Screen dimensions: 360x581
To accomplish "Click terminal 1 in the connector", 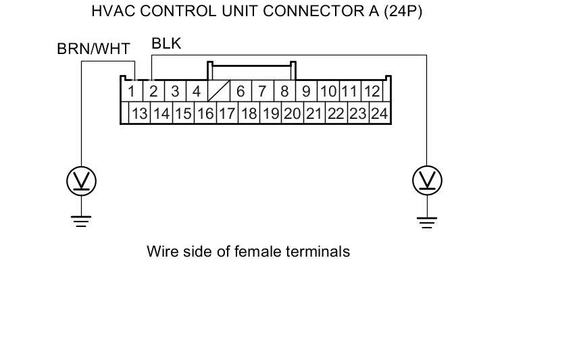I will pyautogui.click(x=132, y=91).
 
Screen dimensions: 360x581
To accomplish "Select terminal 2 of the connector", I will pyautogui.click(x=153, y=91).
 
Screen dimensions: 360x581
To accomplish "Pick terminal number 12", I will pyautogui.click(x=371, y=91).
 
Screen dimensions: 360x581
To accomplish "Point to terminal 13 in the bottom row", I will pyautogui.click(x=139, y=113).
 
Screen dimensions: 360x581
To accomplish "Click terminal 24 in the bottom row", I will pyautogui.click(x=379, y=113).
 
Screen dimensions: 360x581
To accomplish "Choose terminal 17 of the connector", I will pyautogui.click(x=226, y=113).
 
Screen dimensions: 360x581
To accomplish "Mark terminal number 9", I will pyautogui.click(x=306, y=91).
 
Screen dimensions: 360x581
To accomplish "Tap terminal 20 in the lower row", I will pyautogui.click(x=292, y=113).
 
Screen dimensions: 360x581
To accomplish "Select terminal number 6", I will pyautogui.click(x=241, y=91).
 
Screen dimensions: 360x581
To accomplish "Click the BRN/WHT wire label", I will pyautogui.click(x=94, y=49).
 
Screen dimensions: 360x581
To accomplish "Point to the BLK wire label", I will pyautogui.click(x=166, y=45).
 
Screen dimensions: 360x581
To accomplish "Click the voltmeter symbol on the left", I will pyautogui.click(x=81, y=180).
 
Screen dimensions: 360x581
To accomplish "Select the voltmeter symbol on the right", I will pyautogui.click(x=427, y=180).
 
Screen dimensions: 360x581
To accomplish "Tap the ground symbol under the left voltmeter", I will pyautogui.click(x=81, y=220).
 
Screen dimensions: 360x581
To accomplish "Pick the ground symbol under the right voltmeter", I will pyautogui.click(x=427, y=220).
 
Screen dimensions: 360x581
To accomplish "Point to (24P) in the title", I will pyautogui.click(x=403, y=11).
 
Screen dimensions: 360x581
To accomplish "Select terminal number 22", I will pyautogui.click(x=335, y=113).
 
